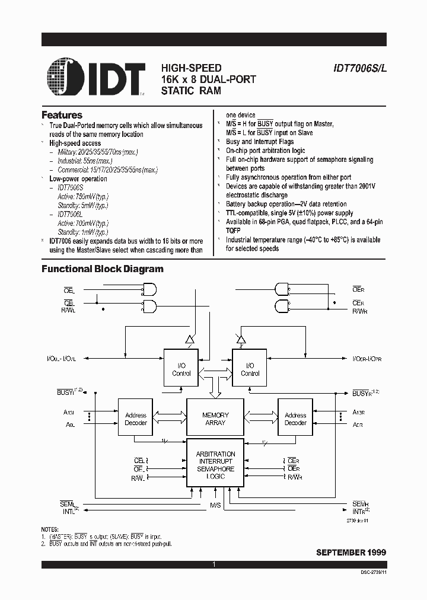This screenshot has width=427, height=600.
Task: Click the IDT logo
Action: (x=94, y=77)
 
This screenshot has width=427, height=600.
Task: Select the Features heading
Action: (x=62, y=115)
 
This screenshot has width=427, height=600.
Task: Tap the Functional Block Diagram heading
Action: (x=102, y=269)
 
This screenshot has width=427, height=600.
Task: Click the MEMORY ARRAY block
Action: (x=215, y=419)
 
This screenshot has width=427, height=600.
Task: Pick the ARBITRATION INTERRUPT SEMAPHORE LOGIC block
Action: (x=215, y=465)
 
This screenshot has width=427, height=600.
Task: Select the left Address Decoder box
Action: (x=136, y=419)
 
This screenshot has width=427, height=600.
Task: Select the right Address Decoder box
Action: (x=295, y=419)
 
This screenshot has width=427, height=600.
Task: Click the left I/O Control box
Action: (x=181, y=369)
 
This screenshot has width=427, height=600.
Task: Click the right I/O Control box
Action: (x=250, y=369)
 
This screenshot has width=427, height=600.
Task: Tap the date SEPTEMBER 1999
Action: (x=351, y=552)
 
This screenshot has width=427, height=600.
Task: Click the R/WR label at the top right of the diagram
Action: (x=359, y=311)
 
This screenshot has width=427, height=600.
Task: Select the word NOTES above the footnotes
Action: (x=50, y=529)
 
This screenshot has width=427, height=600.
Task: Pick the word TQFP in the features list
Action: (x=234, y=231)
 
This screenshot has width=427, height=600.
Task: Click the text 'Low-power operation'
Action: (x=78, y=178)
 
